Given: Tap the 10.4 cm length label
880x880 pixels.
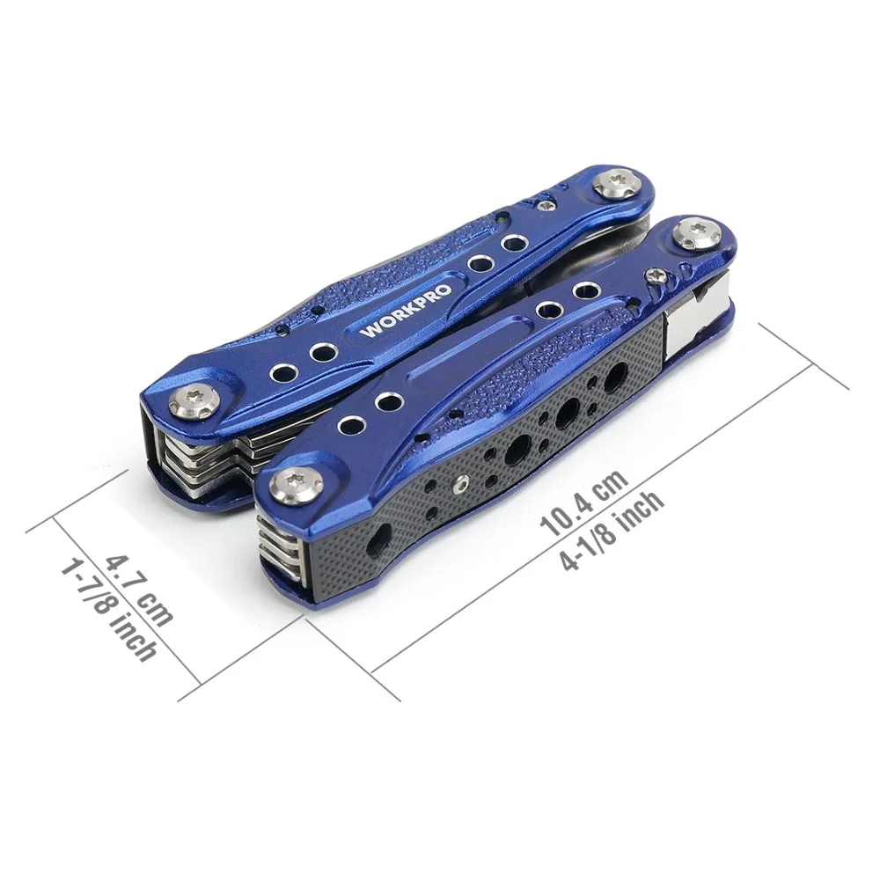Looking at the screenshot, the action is pos(583,503).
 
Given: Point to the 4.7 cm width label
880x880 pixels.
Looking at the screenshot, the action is pos(139,590).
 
